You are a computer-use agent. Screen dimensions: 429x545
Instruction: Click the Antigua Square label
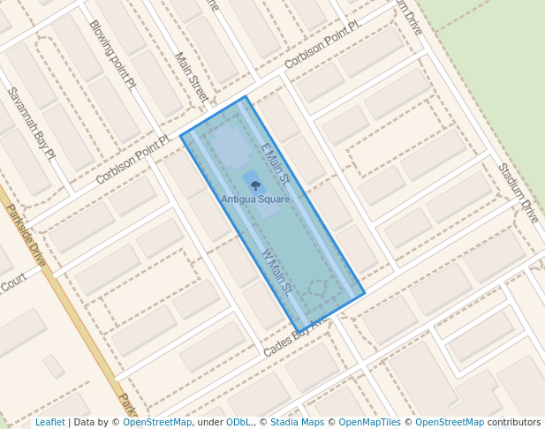point(255,199)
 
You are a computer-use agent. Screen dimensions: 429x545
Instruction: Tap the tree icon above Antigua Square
point(255,185)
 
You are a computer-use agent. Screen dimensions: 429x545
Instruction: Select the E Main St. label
point(276,161)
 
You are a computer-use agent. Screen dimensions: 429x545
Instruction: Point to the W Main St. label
point(277,270)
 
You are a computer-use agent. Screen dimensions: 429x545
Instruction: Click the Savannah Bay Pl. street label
point(31,123)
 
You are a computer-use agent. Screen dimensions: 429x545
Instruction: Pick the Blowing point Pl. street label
point(113,55)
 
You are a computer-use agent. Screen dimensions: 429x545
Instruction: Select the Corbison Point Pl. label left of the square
point(132,160)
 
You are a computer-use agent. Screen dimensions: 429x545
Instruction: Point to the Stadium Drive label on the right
point(518,192)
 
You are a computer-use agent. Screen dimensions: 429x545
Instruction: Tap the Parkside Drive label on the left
point(26,236)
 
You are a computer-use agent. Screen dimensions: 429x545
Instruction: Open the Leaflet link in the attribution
point(50,422)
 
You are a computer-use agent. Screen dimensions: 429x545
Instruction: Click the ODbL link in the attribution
point(238,422)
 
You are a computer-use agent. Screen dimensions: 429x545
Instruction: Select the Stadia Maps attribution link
point(297,422)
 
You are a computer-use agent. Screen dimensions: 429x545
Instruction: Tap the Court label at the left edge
point(12,285)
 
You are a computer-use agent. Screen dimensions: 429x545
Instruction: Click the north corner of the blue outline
point(246,97)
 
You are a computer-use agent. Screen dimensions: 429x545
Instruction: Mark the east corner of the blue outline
point(364,295)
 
